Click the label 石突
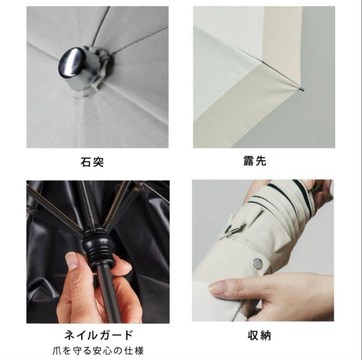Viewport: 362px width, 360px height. pyautogui.click(x=92, y=162)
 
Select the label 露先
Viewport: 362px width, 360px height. pyautogui.click(x=255, y=161)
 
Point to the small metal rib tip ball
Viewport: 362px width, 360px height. pyautogui.click(x=302, y=89)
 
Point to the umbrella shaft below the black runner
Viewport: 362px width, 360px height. pyautogui.click(x=109, y=295)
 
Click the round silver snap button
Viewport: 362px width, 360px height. pyautogui.click(x=258, y=263)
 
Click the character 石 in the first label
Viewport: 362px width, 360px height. pyautogui.click(x=86, y=162)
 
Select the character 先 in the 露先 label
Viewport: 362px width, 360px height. pyautogui.click(x=261, y=161)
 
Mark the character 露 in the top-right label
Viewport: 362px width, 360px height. pyautogui.click(x=249, y=161)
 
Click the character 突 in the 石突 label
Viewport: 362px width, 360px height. pyautogui.click(x=98, y=162)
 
